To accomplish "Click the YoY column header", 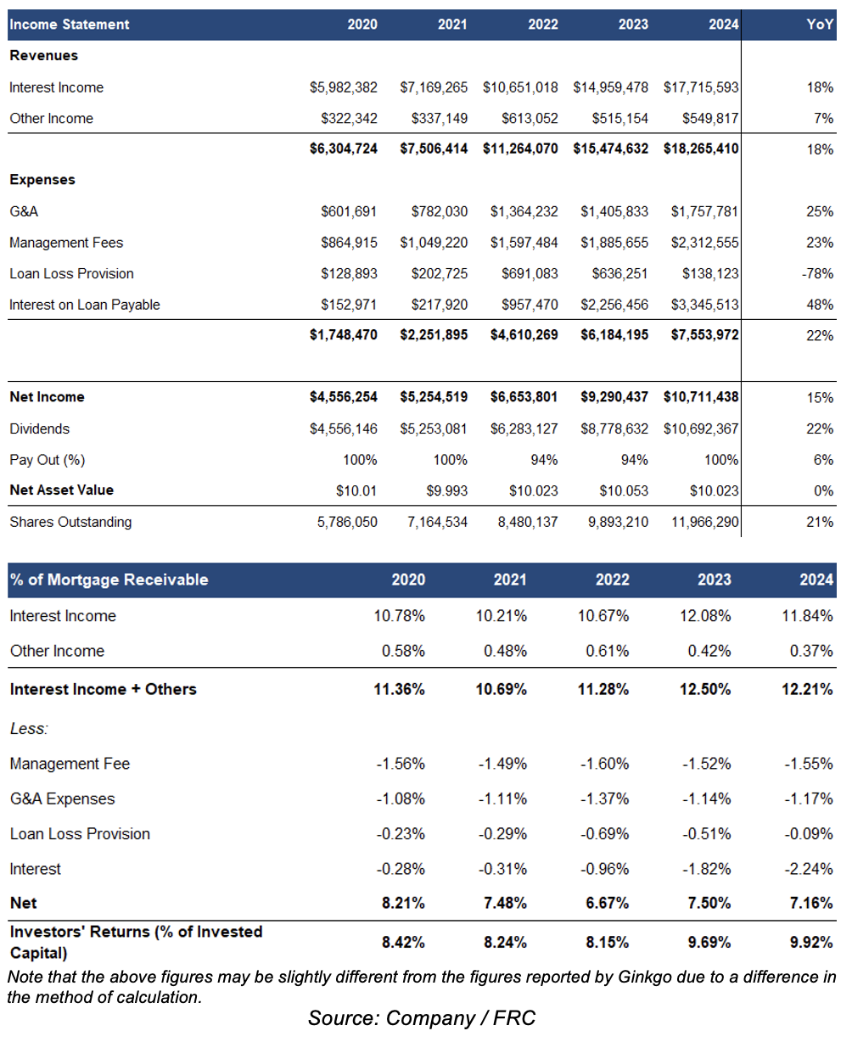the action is coord(820,25).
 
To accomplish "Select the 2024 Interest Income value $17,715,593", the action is coord(700,87).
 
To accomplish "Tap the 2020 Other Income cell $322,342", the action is coord(349,119).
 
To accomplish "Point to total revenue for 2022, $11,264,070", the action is coord(520,148).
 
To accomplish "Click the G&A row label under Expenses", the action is coord(24,211).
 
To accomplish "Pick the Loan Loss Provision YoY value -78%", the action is coord(817,274).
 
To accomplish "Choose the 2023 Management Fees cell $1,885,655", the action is coord(614,243).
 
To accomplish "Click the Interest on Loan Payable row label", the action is coord(85,305).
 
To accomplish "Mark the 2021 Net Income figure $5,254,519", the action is coord(434,397).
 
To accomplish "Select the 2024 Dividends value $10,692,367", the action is coord(700,429).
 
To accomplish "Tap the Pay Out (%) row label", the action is coord(48,460).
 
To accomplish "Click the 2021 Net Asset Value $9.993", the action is coord(446,491).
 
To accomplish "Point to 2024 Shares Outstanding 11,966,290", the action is coord(704,522).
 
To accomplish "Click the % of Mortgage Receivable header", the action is coord(109,580).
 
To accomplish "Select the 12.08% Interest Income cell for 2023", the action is coord(704,616).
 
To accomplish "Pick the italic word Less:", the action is coord(29,729).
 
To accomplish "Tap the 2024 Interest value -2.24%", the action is coord(808,869).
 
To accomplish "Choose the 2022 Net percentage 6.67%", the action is coord(607,903).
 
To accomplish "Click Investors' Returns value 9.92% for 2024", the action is coord(811,942).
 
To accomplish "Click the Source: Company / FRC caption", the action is coord(422,1018).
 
